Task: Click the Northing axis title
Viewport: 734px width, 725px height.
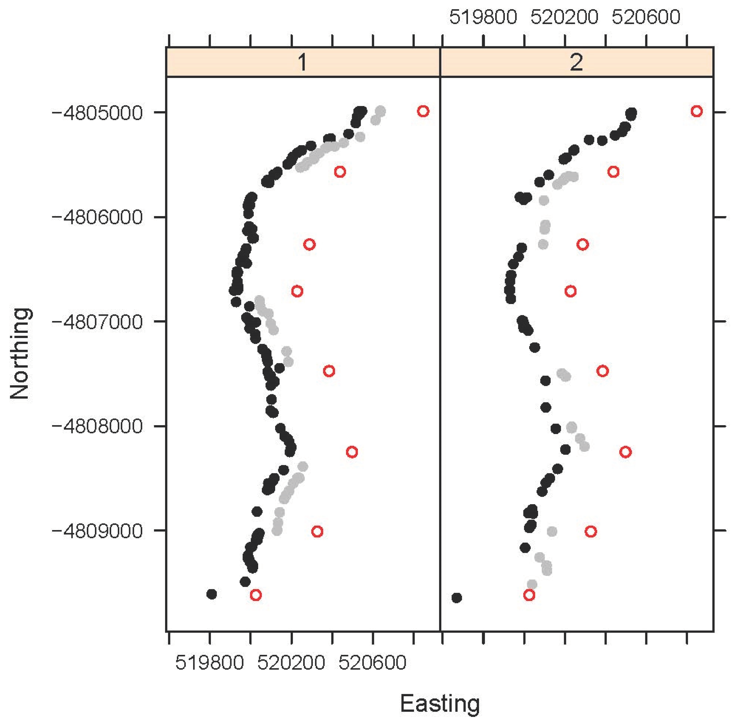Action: [x=20, y=353]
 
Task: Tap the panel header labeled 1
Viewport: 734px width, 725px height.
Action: [x=303, y=62]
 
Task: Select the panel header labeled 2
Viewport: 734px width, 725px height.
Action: [x=576, y=62]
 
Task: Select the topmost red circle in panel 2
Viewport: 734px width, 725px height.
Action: [x=696, y=111]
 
